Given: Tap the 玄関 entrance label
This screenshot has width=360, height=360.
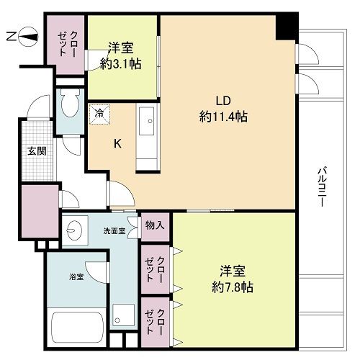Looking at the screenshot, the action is tap(37, 151).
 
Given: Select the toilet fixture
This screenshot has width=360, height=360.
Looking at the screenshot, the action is tap(70, 103).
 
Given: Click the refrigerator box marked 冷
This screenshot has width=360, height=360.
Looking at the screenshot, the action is tap(99, 114).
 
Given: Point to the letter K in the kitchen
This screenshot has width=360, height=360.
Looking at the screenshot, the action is tap(117, 144).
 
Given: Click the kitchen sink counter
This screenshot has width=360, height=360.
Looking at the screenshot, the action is tap(148, 137).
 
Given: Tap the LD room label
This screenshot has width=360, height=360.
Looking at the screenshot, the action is tap(223, 101).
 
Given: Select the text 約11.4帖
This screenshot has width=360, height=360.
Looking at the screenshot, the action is tap(223, 117).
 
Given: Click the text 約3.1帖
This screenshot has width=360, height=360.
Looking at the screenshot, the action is tap(120, 64).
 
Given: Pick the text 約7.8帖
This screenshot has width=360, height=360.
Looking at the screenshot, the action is tap(233, 287).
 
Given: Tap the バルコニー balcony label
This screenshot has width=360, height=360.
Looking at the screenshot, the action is tap(322, 186).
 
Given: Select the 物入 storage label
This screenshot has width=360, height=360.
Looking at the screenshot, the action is tap(155, 225).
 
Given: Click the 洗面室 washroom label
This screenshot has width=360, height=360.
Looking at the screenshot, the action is tap(114, 231).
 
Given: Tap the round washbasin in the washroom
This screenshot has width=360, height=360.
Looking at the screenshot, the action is tap(74, 230).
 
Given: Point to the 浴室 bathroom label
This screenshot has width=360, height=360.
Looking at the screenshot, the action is tap(76, 277).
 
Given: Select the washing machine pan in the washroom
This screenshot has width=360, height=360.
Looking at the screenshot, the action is tap(124, 315).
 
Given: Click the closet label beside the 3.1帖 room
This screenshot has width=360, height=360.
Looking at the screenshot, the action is tap(68, 44).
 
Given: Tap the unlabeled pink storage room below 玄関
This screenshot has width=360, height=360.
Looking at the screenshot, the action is tap(40, 211).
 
